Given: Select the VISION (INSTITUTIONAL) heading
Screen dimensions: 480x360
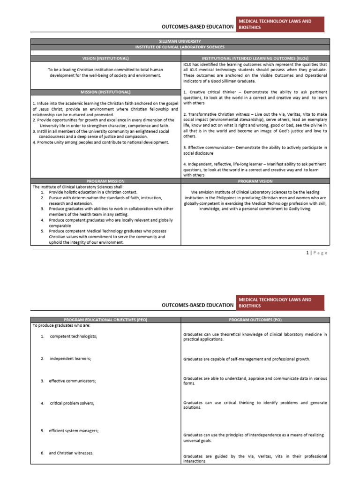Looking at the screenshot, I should coord(105,58).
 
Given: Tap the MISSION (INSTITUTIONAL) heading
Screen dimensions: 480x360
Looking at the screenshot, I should coord(105,92).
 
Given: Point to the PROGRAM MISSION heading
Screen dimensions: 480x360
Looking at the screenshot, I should coord(105,180).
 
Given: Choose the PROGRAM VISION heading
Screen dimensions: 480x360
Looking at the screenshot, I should coord(255,180).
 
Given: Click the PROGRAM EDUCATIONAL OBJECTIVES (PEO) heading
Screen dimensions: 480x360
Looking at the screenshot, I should coord(105,319).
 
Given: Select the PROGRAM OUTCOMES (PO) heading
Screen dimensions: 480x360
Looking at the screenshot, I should coord(255,319).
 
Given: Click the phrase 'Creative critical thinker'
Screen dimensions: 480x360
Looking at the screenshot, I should coord(209,92).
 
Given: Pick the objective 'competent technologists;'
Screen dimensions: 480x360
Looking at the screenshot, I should coord(74,337).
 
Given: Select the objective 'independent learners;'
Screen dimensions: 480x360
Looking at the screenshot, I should coord(70,359).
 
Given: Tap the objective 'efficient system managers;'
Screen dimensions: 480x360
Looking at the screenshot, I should coord(74,430).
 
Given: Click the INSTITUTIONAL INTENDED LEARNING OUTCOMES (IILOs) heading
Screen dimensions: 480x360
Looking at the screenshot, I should coord(255,58).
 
